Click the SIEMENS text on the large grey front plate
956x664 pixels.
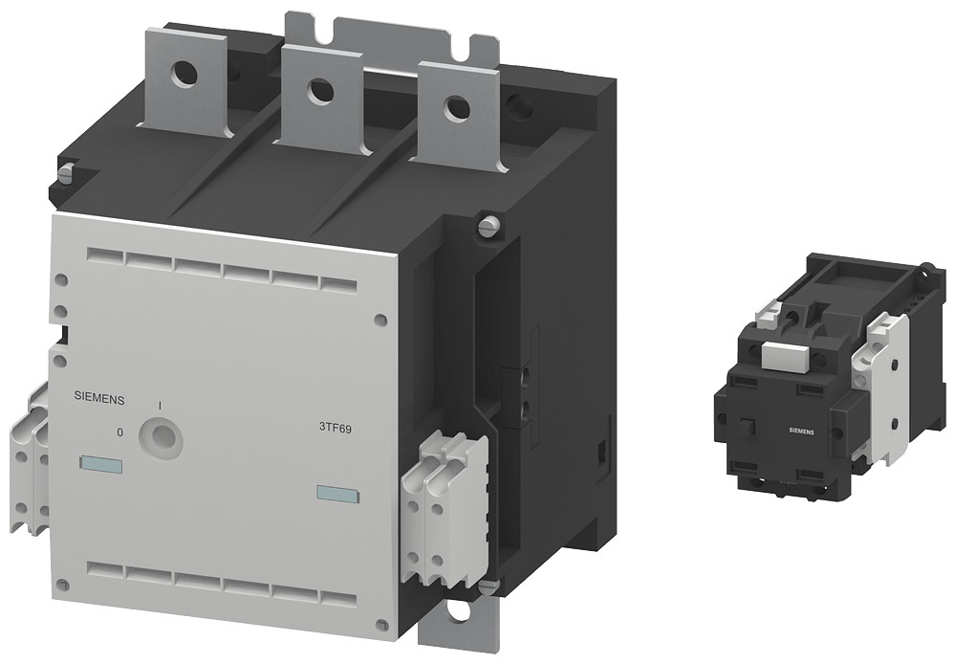coord(99,395)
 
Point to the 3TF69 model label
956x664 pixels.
coord(335,429)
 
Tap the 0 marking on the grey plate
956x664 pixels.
coord(119,432)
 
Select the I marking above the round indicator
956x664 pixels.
coord(159,406)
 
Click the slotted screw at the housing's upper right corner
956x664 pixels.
coord(488,227)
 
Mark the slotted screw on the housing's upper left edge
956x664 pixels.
coord(65,173)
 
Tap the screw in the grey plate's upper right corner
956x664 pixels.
coord(380,320)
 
